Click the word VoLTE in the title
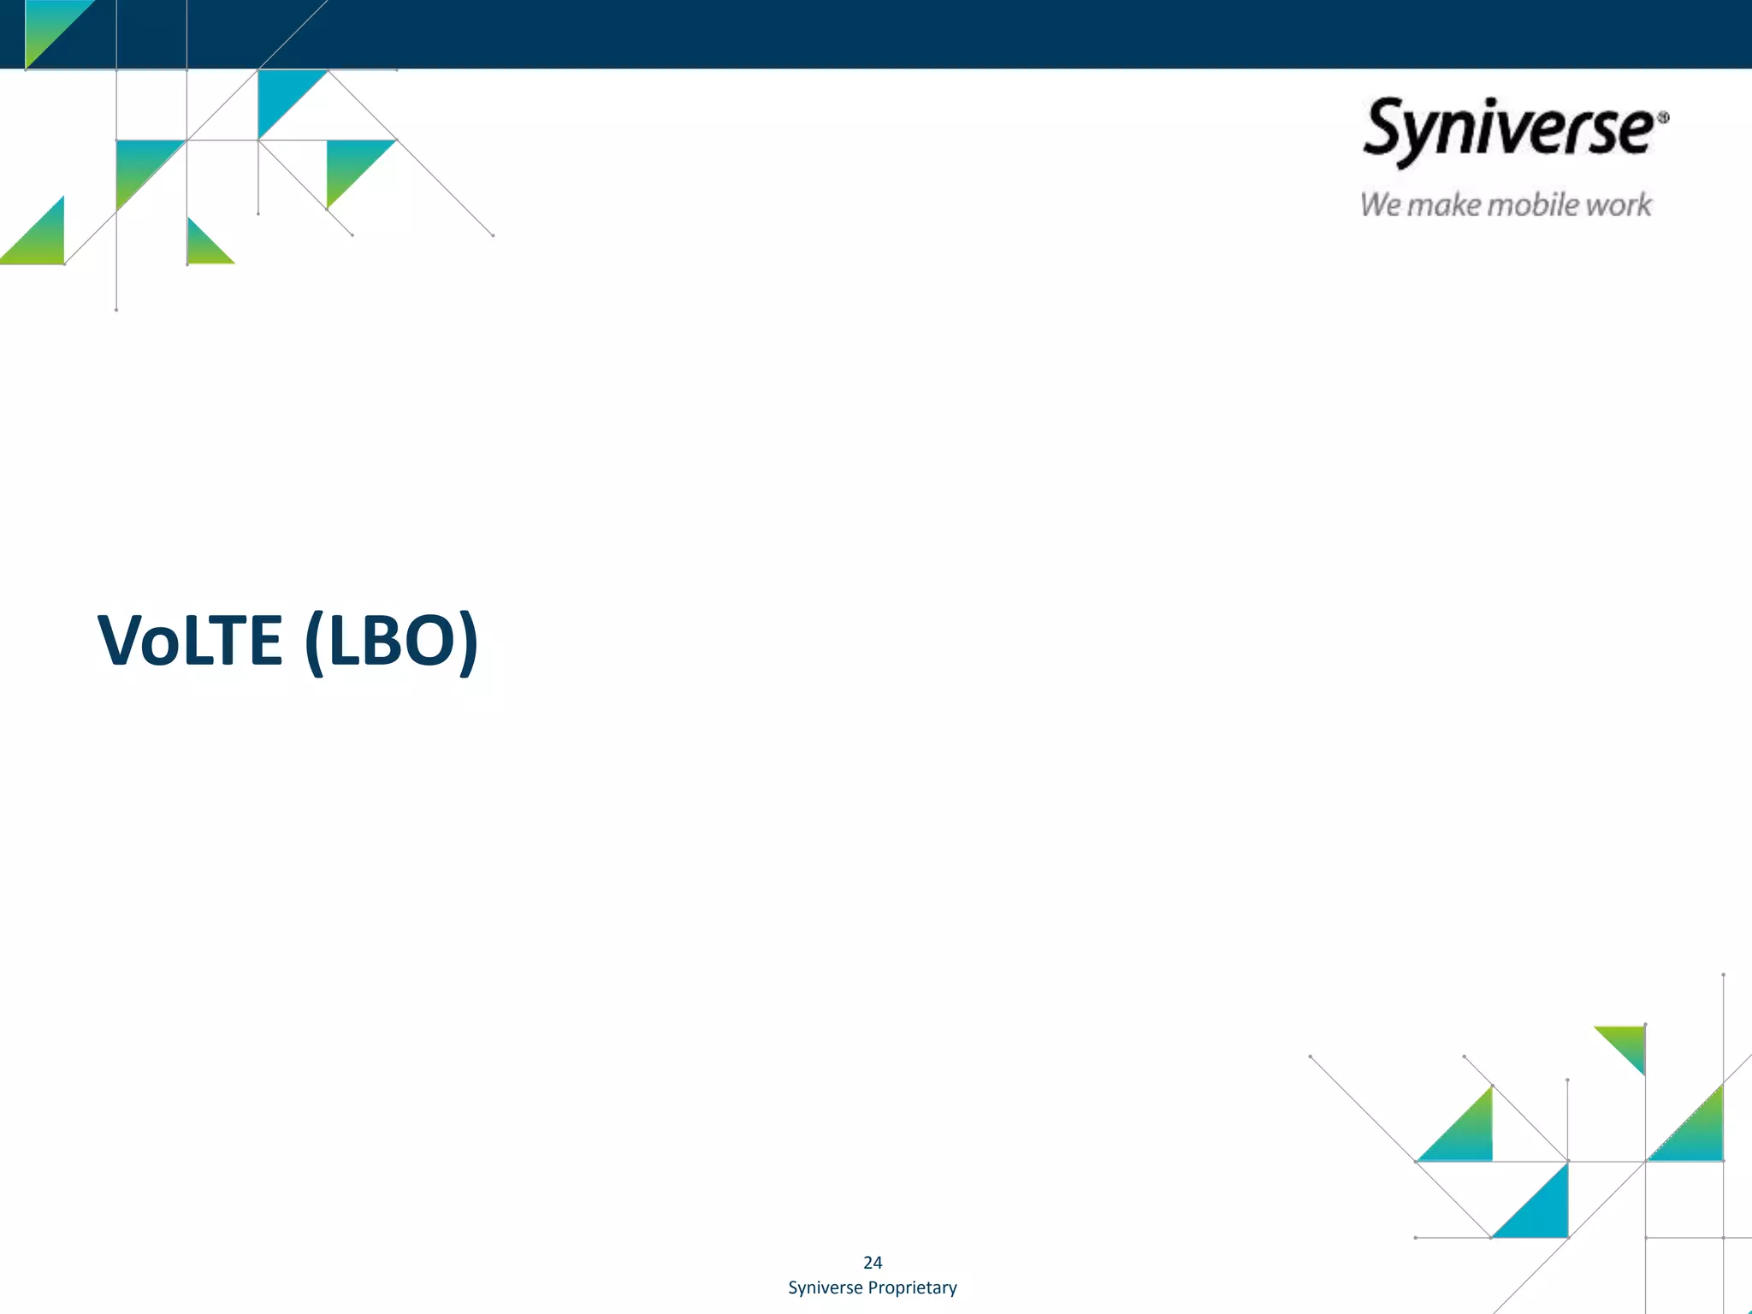[x=190, y=641]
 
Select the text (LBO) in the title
[x=391, y=641]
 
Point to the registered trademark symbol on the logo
[x=1662, y=118]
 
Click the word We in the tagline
[x=1380, y=205]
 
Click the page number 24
[x=873, y=1263]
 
